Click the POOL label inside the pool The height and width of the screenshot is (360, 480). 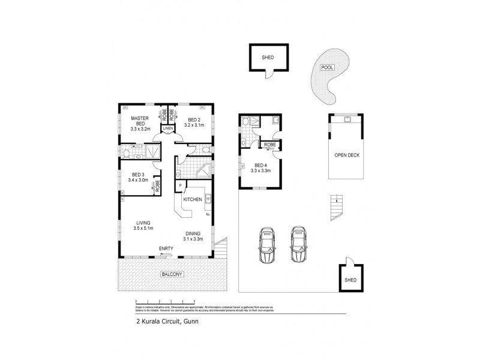[x=327, y=68]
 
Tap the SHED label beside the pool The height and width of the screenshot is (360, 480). [x=268, y=58]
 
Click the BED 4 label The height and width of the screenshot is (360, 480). [x=261, y=165]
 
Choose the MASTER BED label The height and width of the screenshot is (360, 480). [x=140, y=122]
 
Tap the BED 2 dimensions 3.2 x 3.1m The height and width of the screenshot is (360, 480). [x=194, y=125]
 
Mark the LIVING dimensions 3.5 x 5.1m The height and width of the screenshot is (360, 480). [x=143, y=229]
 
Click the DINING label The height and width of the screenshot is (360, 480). [x=193, y=233]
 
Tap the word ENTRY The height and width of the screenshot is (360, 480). [x=166, y=248]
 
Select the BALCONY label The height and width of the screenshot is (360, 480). [x=171, y=274]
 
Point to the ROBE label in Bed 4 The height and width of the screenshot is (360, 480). [x=270, y=145]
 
